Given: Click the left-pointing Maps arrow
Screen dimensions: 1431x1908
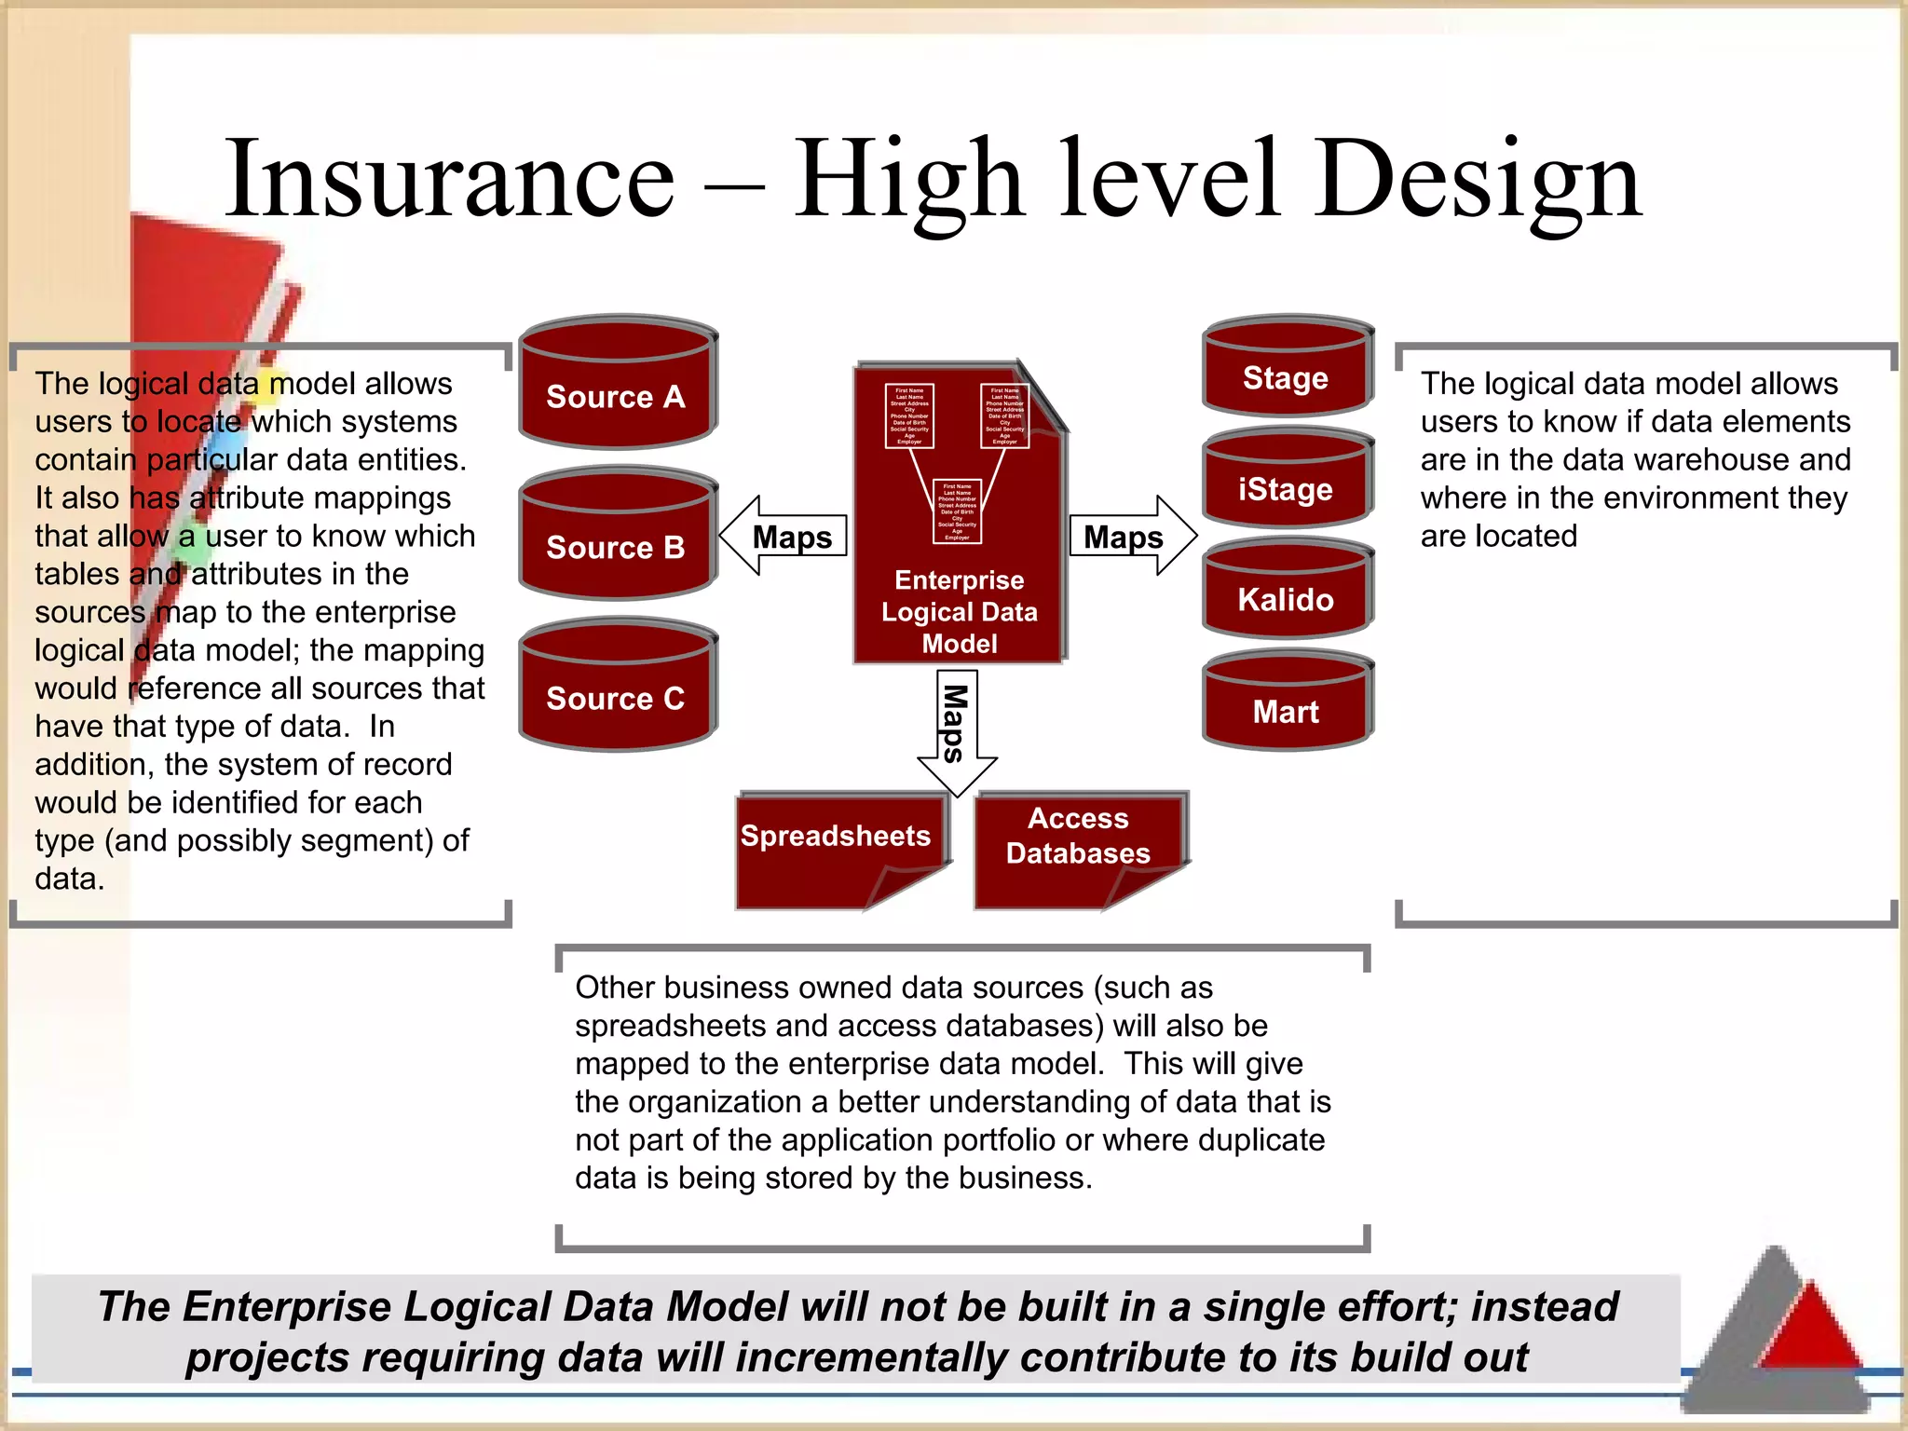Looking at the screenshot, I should (784, 537).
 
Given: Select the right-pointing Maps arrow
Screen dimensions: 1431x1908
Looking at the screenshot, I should (1132, 537).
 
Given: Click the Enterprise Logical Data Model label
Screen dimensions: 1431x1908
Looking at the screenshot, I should (960, 612).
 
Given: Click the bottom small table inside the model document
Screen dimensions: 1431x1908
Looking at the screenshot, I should (957, 511).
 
